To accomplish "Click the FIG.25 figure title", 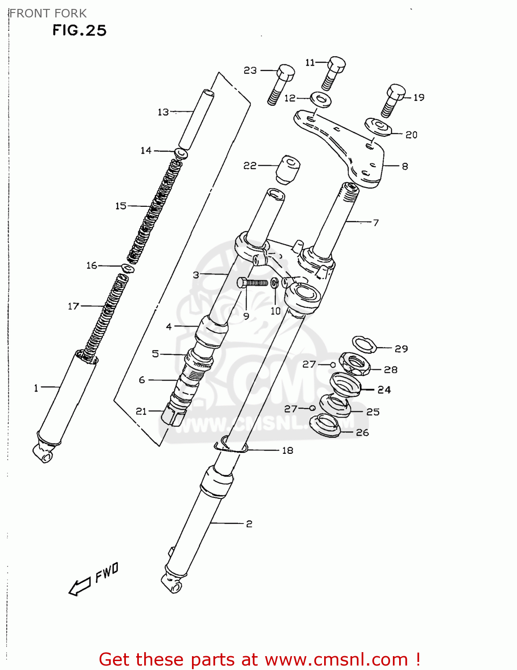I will click(79, 30).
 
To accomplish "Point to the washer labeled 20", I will click(378, 127).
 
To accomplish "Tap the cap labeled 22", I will click(287, 169).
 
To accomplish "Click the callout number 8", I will click(404, 167).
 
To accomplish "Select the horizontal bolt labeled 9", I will click(252, 283).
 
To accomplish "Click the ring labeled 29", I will click(365, 344).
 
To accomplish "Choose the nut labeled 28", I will click(354, 364).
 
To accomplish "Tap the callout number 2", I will click(249, 523).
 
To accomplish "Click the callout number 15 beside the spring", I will click(121, 206).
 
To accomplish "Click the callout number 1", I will click(36, 388).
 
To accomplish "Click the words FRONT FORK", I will click(48, 13).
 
